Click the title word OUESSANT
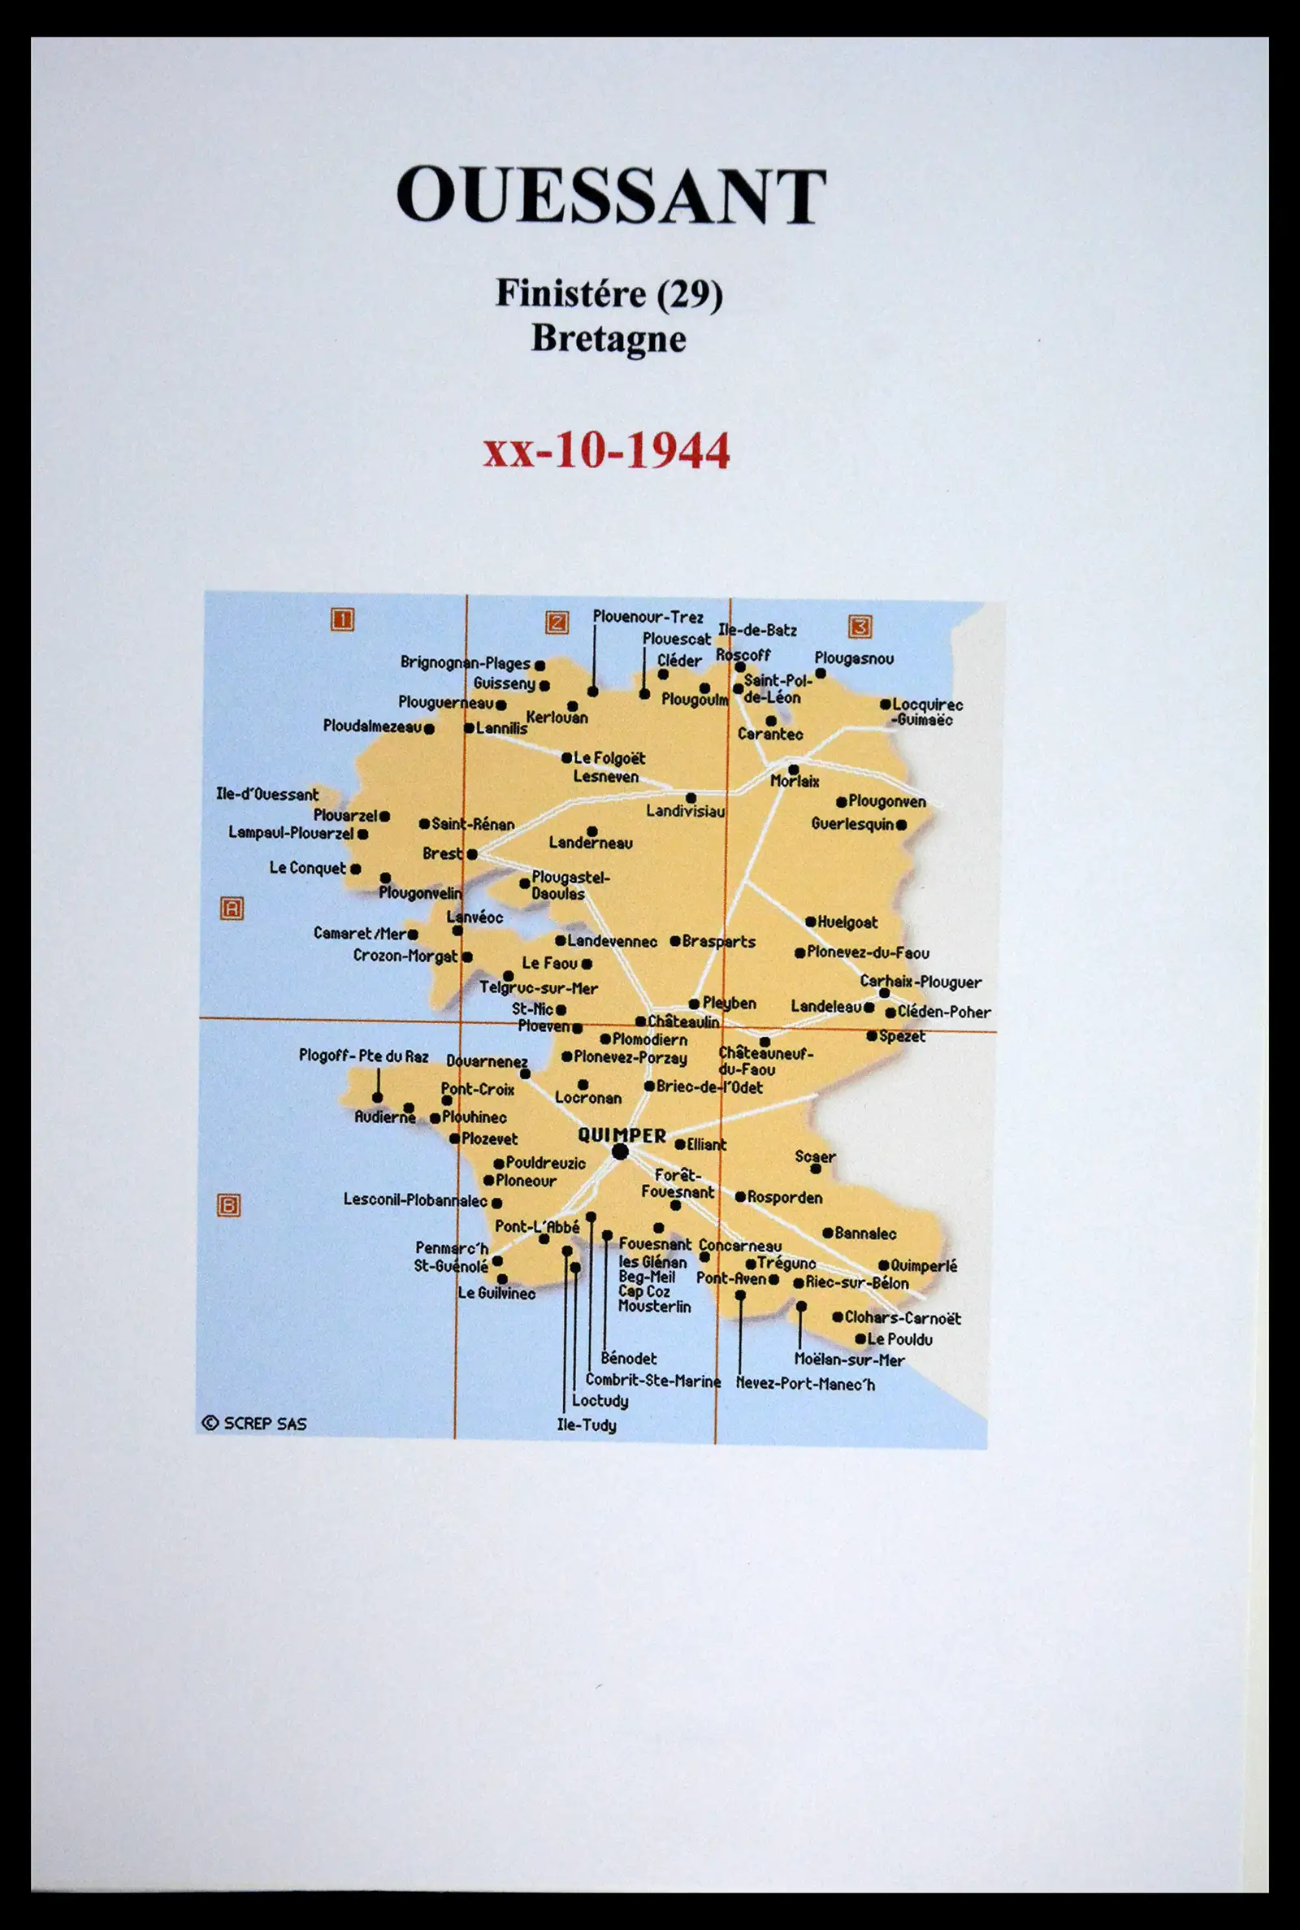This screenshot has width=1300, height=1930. point(611,196)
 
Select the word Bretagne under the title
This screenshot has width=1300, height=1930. point(609,338)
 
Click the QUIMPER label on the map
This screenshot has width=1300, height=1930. point(622,1135)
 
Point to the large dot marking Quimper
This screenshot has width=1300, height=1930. point(620,1151)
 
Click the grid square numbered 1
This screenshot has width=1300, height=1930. point(342,619)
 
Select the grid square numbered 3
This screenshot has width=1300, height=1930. point(860,626)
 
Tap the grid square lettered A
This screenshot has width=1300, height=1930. point(232,909)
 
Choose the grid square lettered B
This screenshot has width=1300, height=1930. point(229,1205)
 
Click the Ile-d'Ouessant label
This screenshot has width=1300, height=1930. point(267,794)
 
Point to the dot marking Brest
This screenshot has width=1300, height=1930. point(472,854)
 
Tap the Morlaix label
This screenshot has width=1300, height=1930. point(795,781)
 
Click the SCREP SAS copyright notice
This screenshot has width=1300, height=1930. point(254,1423)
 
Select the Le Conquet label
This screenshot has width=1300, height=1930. point(308,868)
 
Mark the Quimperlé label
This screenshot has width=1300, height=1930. point(924,1266)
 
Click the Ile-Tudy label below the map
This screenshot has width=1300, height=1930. point(586,1425)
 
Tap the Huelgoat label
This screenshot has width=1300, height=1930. point(847,922)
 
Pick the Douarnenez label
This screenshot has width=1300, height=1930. point(487,1061)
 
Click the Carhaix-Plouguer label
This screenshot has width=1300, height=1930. point(921,982)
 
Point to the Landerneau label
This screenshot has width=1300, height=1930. point(591,844)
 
